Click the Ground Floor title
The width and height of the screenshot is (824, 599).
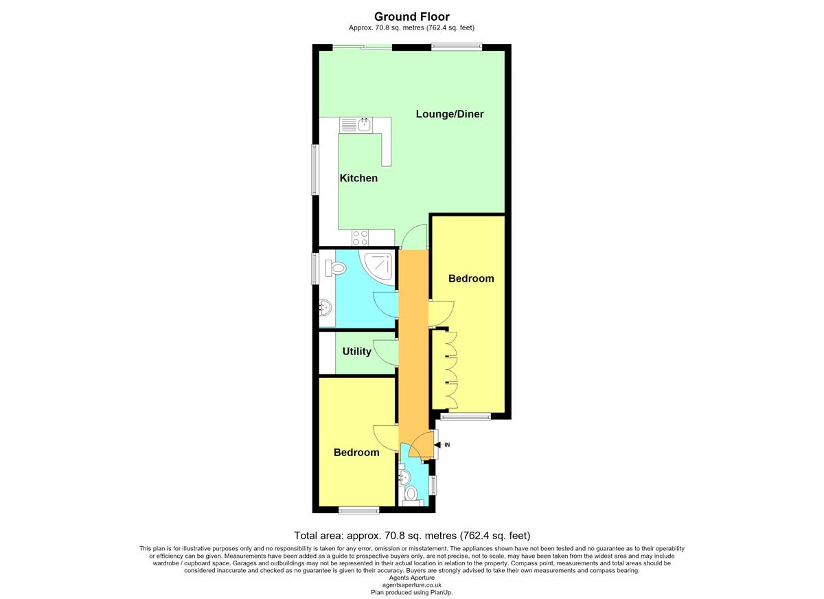411,16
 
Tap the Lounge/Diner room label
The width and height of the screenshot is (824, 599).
450,114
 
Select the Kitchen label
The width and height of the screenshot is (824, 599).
358,178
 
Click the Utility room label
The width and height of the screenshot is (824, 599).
356,352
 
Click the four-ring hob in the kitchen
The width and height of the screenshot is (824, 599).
360,237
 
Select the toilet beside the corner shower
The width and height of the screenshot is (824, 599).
335,268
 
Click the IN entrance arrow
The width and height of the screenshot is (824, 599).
441,445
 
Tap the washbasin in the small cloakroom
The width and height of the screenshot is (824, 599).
404,478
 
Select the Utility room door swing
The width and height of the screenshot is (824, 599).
386,352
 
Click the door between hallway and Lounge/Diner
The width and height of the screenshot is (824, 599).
414,237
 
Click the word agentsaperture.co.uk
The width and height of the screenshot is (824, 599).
411,585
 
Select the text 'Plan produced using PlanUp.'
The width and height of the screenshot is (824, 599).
411,592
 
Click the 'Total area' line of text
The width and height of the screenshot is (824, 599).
412,535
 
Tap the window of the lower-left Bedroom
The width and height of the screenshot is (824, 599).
358,510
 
